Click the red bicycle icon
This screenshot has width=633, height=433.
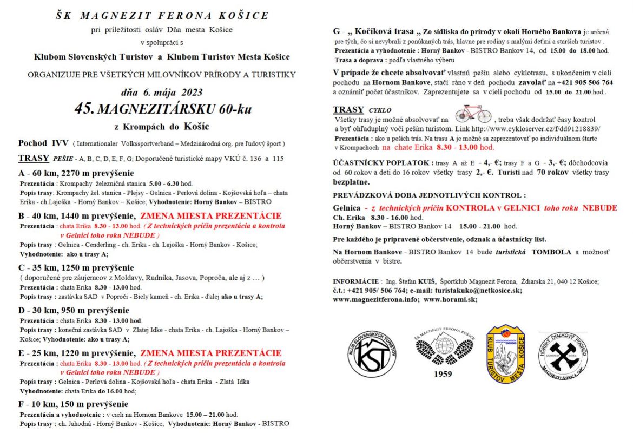pyautogui.click(x=473, y=115)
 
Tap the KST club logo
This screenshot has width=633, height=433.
pyautogui.click(x=372, y=354)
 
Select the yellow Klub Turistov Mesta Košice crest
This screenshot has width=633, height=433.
pyautogui.click(x=505, y=354)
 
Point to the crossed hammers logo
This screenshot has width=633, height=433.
pyautogui.click(x=563, y=355)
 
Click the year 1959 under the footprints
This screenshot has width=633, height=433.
pyautogui.click(x=443, y=373)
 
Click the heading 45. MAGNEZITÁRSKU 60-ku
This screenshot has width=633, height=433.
pyautogui.click(x=163, y=109)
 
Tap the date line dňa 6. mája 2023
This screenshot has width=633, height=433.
pyautogui.click(x=162, y=91)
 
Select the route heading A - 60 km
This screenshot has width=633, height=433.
pyautogui.click(x=76, y=173)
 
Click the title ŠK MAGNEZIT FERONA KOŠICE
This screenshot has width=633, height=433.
pyautogui.click(x=162, y=15)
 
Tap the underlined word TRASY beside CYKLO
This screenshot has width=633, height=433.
pyautogui.click(x=348, y=110)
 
